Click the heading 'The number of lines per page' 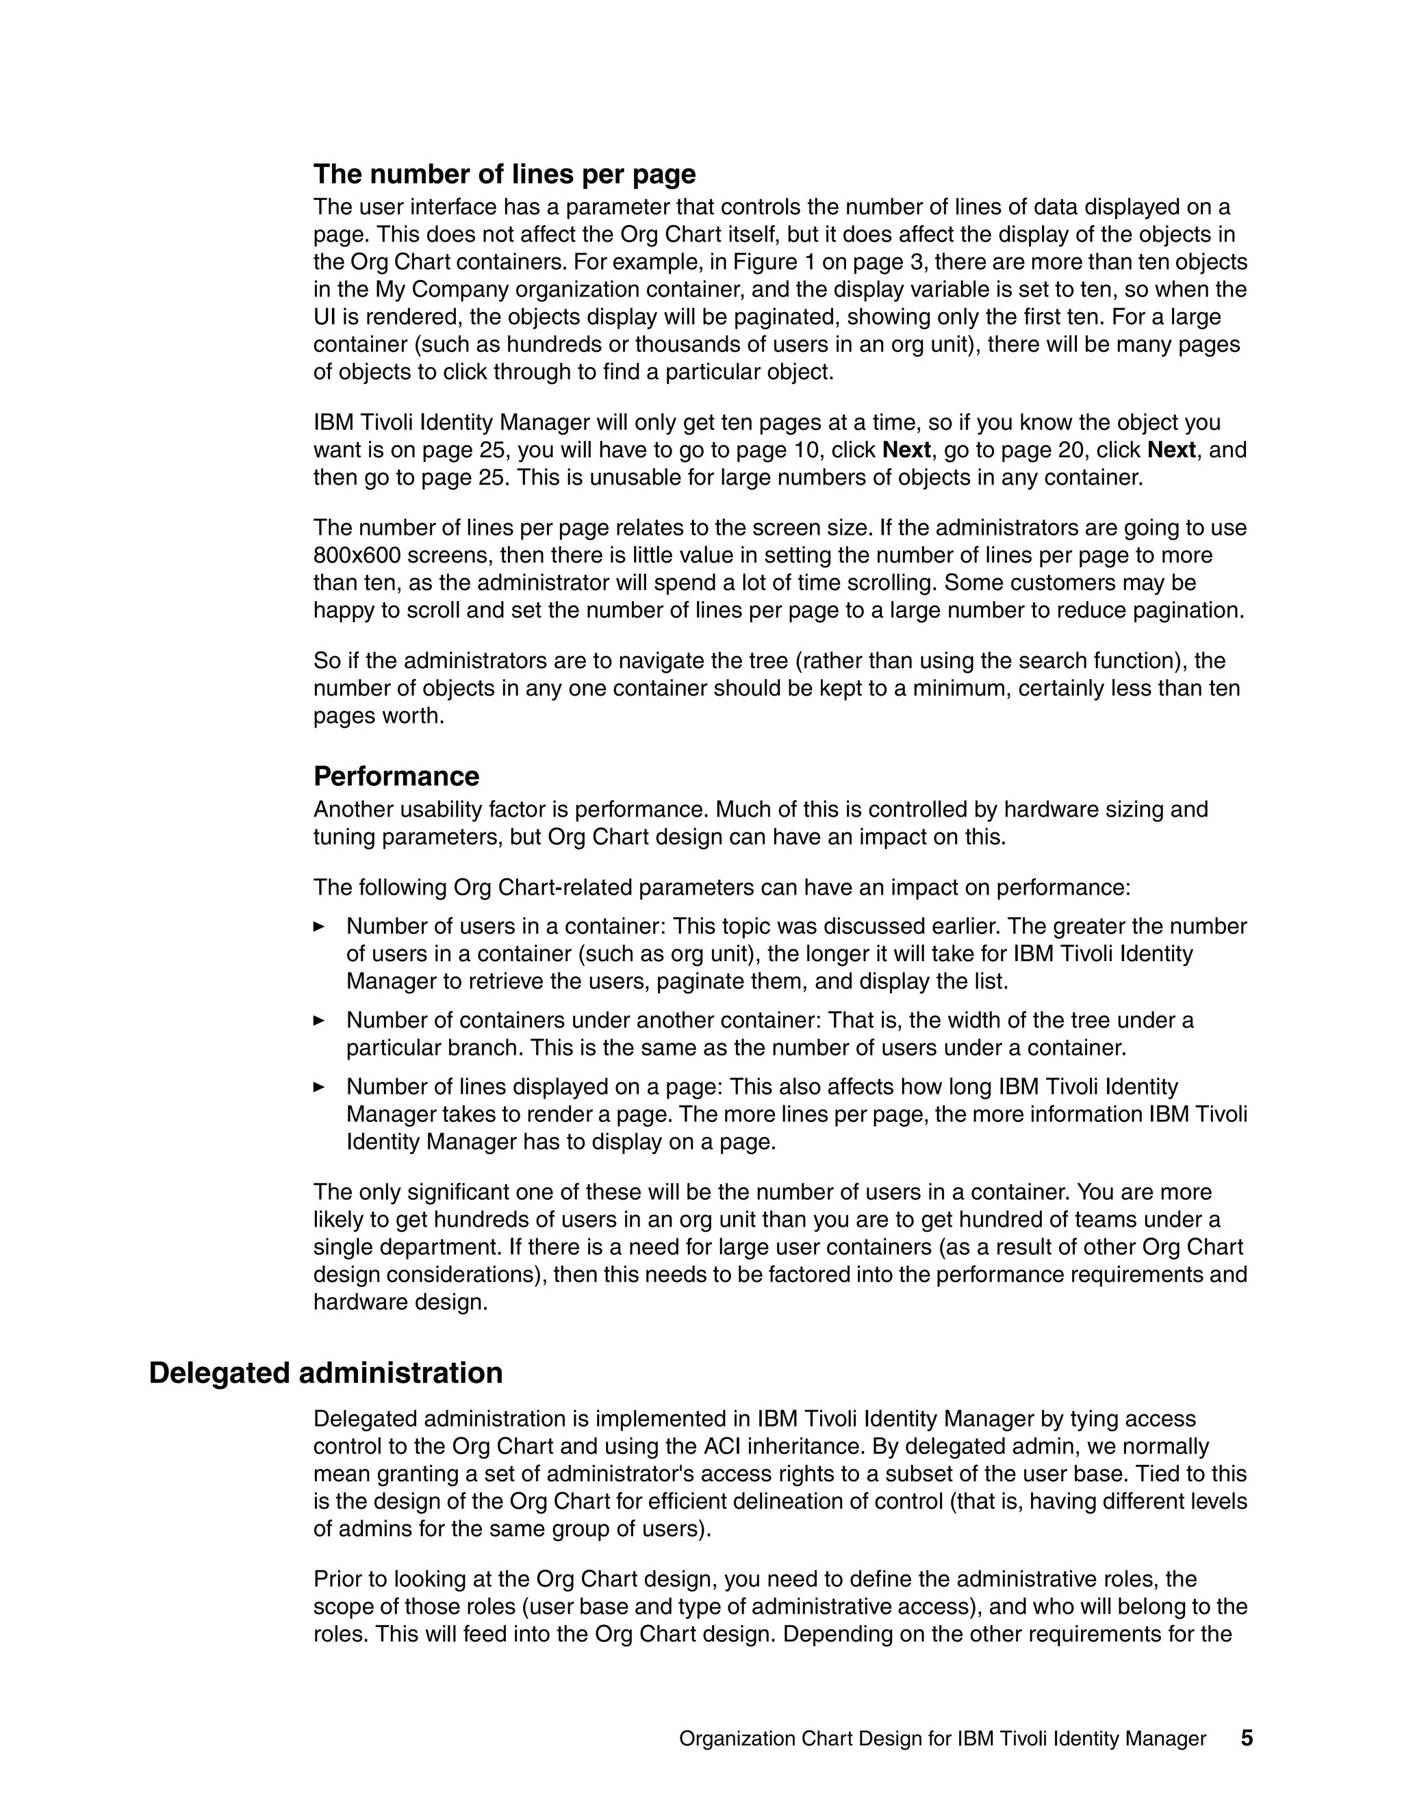[x=504, y=175]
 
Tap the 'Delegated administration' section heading [x=326, y=1373]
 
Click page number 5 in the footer [x=1247, y=1739]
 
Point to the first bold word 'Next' [x=906, y=450]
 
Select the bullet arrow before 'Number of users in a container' [x=319, y=926]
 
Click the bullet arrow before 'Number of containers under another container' [x=319, y=1020]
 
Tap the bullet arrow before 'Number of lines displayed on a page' [x=319, y=1086]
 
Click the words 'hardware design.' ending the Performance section [x=400, y=1303]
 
